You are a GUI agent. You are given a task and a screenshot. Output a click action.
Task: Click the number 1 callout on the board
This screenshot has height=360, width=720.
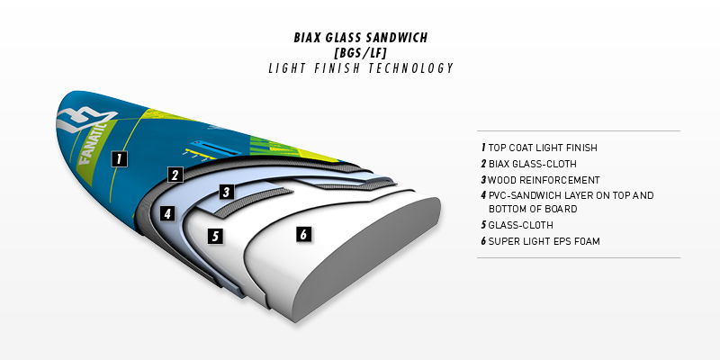120,159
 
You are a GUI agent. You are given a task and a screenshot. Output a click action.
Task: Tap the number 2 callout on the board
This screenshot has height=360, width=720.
175,175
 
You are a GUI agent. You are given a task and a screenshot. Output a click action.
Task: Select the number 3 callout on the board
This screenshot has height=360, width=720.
226,192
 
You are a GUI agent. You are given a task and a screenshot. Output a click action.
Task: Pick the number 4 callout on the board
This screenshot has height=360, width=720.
167,213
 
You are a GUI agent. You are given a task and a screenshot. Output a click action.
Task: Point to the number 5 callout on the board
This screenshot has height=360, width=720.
215,236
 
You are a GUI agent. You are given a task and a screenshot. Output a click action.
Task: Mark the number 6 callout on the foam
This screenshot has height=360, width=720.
303,234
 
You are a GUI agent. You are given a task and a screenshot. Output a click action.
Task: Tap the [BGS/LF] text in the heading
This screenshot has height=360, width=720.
361,53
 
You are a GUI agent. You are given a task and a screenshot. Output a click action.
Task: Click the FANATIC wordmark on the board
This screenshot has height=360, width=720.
94,143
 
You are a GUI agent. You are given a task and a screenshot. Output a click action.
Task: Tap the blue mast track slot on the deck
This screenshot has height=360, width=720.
216,148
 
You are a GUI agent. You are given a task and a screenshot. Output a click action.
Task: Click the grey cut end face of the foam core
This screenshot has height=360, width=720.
367,257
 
